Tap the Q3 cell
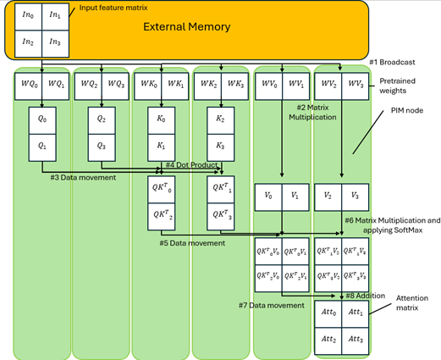(x=100, y=145)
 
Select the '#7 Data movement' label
(x=271, y=304)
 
